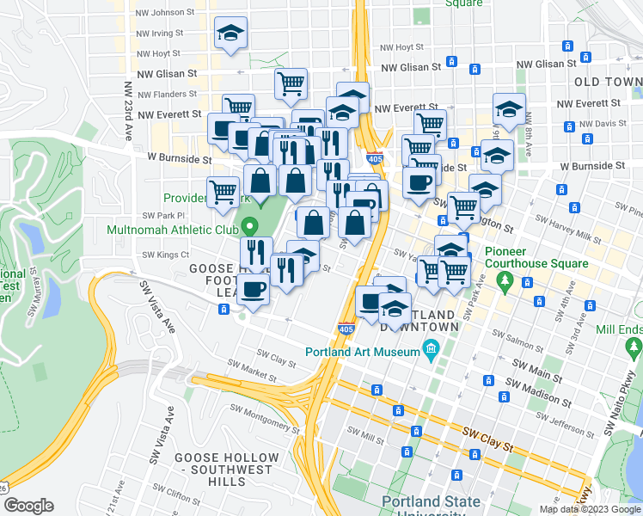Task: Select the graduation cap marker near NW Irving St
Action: (230, 34)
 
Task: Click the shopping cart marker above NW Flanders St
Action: (291, 84)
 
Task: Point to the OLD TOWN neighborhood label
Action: (606, 81)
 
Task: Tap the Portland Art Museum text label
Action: (364, 350)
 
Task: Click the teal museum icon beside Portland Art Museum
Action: (431, 349)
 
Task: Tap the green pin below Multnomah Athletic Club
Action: (250, 228)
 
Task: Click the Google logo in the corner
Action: (28, 505)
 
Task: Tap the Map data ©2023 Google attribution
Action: (590, 509)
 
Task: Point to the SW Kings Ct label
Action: (165, 255)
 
